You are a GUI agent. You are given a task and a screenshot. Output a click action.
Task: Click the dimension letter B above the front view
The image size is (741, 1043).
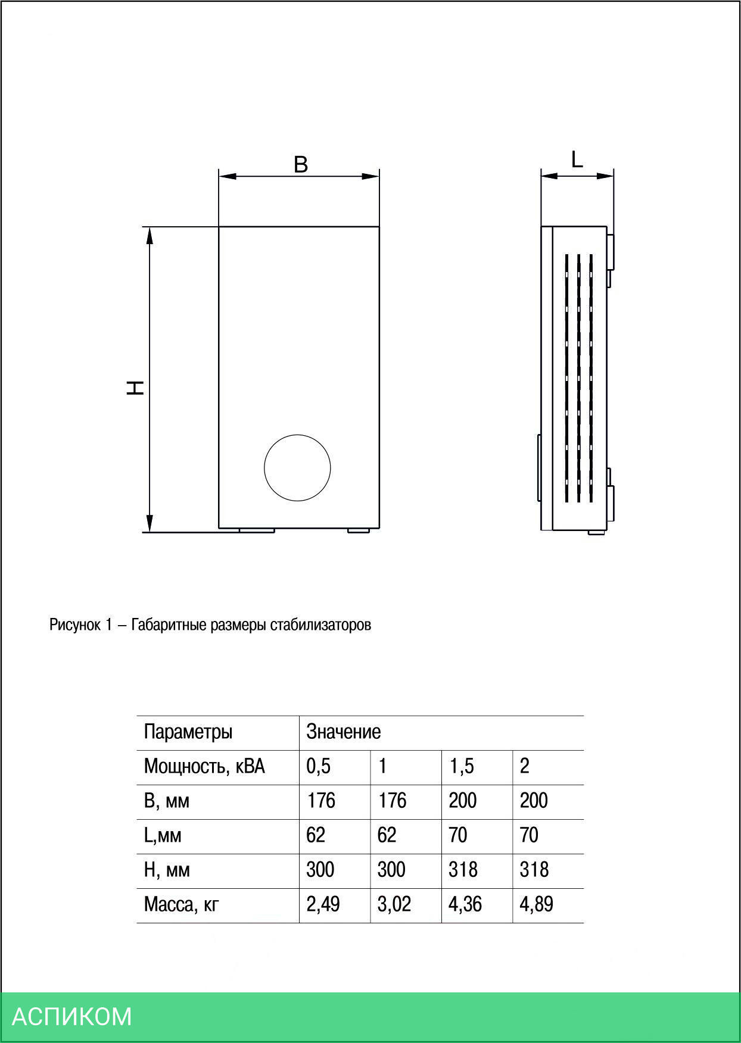(301, 164)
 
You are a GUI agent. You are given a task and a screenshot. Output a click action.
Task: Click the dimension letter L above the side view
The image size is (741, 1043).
(577, 160)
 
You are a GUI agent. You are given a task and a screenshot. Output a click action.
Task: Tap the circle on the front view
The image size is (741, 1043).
(297, 467)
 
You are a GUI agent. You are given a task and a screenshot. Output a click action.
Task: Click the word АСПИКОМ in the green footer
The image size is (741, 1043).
(71, 1016)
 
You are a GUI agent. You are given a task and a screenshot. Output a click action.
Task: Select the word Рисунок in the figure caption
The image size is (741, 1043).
(75, 625)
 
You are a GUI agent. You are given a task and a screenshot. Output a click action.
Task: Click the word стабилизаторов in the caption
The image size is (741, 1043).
(320, 625)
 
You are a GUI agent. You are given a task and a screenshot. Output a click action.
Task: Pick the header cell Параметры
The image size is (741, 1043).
(188, 732)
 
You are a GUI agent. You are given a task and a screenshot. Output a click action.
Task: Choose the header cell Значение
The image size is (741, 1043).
(343, 732)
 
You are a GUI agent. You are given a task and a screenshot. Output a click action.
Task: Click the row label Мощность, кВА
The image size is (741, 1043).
(204, 766)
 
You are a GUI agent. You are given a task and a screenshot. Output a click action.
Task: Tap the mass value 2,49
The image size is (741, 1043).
(323, 904)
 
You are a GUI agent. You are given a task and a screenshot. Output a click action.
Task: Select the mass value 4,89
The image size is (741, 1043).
(536, 904)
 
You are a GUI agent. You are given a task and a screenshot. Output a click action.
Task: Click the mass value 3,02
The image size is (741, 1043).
(394, 904)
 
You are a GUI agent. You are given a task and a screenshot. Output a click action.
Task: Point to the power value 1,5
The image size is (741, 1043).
(462, 766)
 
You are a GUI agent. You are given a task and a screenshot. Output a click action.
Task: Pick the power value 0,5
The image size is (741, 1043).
(318, 766)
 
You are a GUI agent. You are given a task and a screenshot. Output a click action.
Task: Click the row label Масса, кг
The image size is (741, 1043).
(181, 904)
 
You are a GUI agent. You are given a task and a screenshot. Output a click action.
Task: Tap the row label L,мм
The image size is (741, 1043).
(162, 835)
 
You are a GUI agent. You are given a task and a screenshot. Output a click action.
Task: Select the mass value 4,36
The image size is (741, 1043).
(465, 904)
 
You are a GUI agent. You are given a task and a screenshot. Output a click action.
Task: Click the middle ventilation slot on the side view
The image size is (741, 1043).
(578, 378)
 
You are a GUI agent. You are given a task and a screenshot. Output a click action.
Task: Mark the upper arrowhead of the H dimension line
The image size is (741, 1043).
(150, 235)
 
